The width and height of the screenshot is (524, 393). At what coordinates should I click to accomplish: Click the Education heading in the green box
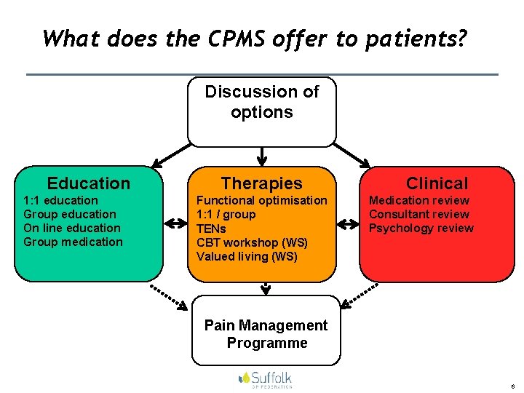[88, 183]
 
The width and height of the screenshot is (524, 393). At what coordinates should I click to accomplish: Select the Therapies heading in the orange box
[261, 183]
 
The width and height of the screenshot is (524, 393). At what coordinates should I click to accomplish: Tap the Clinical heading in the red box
[437, 183]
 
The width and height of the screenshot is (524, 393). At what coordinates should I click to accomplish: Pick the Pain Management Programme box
[266, 333]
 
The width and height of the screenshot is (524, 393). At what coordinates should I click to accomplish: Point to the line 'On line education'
[72, 228]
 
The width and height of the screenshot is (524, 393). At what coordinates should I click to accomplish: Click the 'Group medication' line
[74, 242]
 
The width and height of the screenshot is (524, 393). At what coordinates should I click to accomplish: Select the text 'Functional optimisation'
[262, 200]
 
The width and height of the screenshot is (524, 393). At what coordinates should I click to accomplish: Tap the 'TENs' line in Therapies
[211, 228]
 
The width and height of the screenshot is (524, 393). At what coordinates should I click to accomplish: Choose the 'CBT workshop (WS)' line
[252, 242]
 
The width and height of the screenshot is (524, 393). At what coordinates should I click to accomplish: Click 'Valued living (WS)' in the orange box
[247, 256]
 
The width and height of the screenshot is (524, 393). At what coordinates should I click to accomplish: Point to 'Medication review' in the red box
[419, 200]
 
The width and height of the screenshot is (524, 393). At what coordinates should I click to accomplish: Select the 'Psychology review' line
[421, 228]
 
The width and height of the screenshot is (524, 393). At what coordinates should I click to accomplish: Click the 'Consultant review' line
[419, 214]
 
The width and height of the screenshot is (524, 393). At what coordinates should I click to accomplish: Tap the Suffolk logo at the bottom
[265, 378]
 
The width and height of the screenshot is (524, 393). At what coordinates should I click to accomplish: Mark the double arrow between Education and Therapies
[175, 222]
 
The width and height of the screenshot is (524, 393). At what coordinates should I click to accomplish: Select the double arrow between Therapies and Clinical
[348, 222]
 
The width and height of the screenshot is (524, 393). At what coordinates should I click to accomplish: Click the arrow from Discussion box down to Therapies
[262, 156]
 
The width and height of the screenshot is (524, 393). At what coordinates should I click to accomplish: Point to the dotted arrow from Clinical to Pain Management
[360, 295]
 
